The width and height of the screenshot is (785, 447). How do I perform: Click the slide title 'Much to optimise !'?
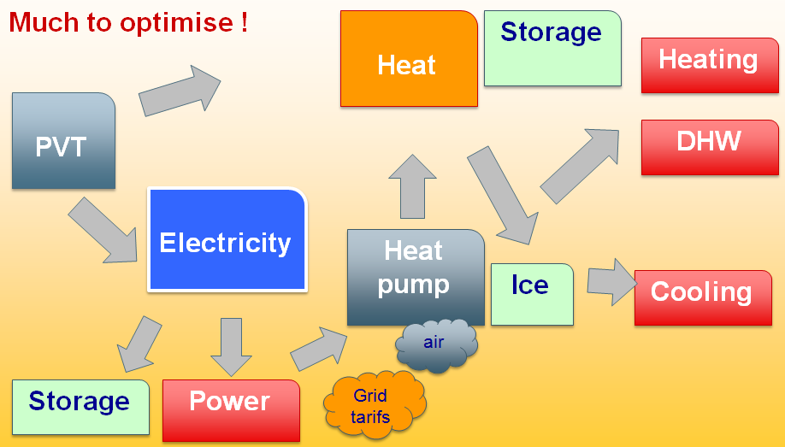coord(128,22)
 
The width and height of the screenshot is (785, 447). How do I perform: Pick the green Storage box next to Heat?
coord(552,48)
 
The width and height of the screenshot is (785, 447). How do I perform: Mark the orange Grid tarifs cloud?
coord(371,404)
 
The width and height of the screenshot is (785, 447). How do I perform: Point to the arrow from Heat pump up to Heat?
coord(413,190)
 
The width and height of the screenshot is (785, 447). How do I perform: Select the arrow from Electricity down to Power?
coord(231,345)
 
